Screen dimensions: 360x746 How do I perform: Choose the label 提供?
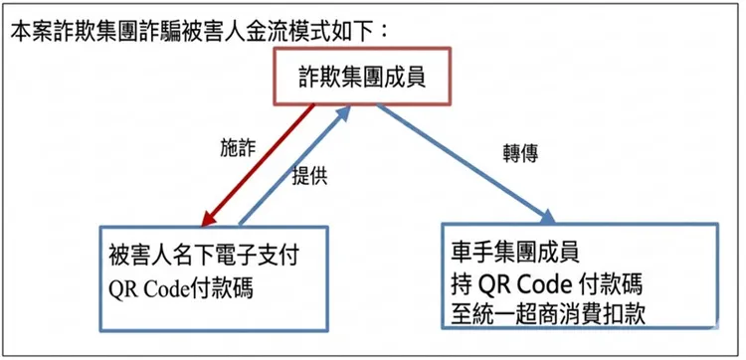point(309,176)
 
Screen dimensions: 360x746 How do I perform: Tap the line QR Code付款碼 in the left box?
point(180,289)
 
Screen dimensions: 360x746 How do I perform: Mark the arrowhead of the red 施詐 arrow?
point(209,218)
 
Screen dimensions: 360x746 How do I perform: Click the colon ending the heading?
point(384,28)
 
